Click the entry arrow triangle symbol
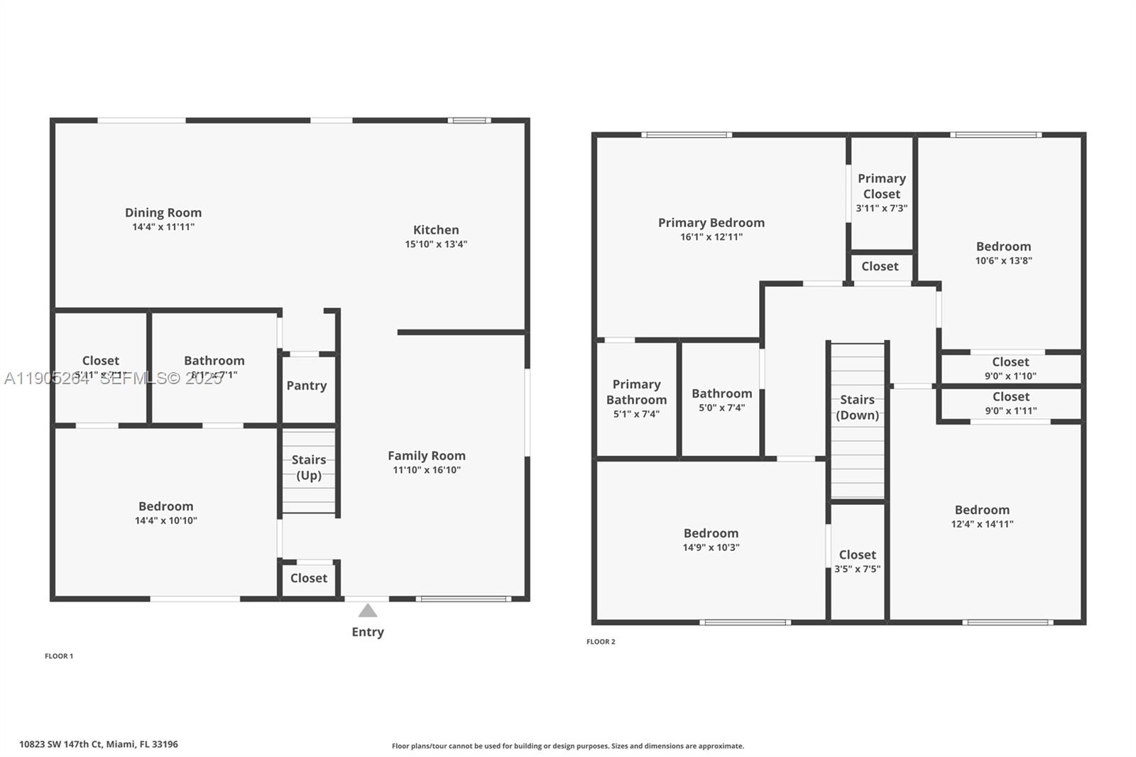pyautogui.click(x=367, y=611)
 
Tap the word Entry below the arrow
pyautogui.click(x=368, y=632)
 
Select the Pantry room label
pyautogui.click(x=307, y=386)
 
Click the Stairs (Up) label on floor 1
pyautogui.click(x=309, y=467)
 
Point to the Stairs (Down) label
pyautogui.click(x=858, y=408)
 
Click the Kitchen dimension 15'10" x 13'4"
pyautogui.click(x=436, y=244)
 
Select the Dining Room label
pyautogui.click(x=163, y=212)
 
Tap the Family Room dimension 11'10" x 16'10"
pyautogui.click(x=427, y=470)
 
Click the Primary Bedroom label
pyautogui.click(x=711, y=223)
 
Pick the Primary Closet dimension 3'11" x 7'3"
pyautogui.click(x=882, y=209)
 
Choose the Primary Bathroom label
pyautogui.click(x=637, y=392)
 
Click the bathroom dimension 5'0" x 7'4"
pyautogui.click(x=722, y=408)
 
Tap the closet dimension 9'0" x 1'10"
pyautogui.click(x=1010, y=376)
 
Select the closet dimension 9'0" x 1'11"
pyautogui.click(x=1011, y=411)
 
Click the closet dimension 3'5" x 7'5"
pyautogui.click(x=858, y=570)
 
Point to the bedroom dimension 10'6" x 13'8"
pyautogui.click(x=1003, y=261)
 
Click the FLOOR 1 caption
pyautogui.click(x=59, y=656)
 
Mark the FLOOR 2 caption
pyautogui.click(x=601, y=642)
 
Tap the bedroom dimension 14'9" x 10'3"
pyautogui.click(x=711, y=548)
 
